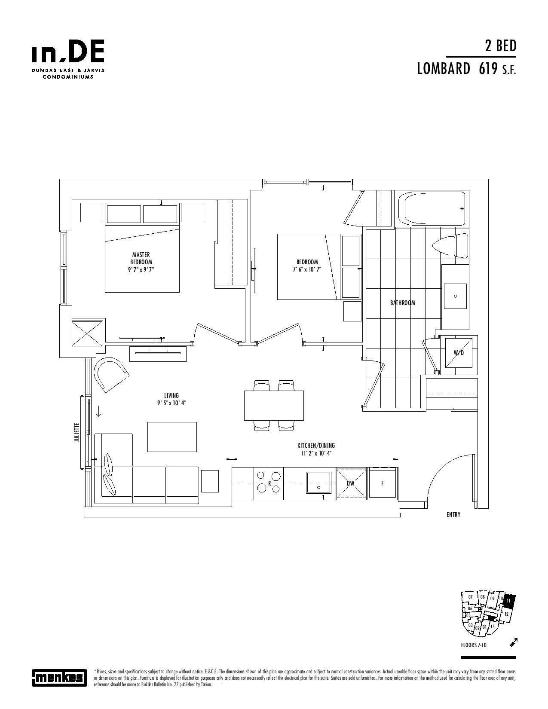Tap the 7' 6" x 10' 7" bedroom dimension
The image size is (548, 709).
307,269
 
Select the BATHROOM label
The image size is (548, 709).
402,303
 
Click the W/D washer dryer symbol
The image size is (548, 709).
459,353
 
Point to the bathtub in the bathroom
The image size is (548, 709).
432,208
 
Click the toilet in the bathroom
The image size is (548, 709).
450,245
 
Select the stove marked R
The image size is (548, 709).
269,483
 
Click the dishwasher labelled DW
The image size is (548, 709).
351,483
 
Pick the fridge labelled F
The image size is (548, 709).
383,483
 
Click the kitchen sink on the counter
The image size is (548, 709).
318,483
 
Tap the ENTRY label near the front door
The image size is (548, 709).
453,514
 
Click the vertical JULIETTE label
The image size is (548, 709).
77,432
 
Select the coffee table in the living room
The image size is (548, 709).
172,437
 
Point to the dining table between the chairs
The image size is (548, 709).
274,405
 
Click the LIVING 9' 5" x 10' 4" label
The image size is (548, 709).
171,399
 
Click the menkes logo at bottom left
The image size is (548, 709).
60,678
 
